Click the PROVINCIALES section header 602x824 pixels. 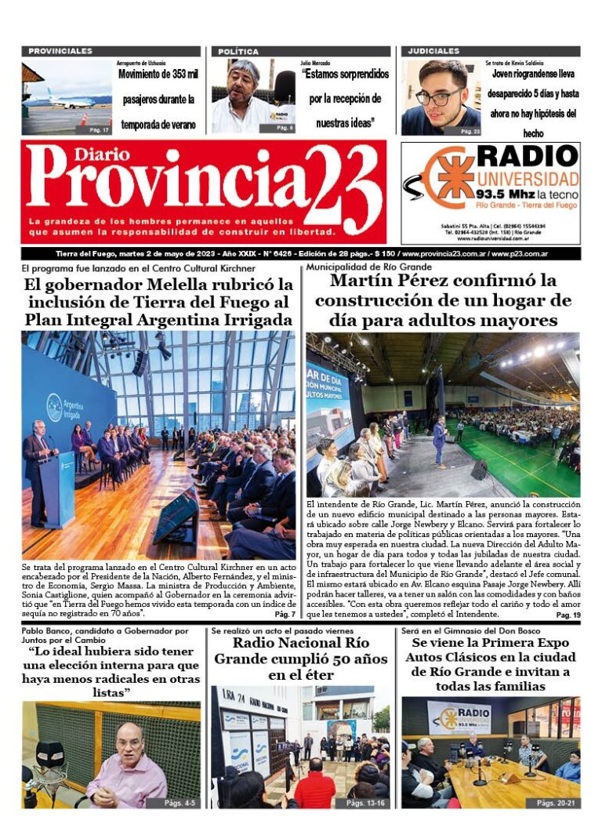click(60, 51)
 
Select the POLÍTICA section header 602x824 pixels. click(238, 51)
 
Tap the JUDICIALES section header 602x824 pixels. click(433, 51)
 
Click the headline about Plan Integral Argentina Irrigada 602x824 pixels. click(158, 302)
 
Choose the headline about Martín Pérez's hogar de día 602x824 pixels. click(443, 300)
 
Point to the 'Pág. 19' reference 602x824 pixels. click(568, 615)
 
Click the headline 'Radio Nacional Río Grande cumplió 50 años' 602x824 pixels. click(302, 659)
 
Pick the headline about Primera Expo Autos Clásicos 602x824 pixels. click(491, 664)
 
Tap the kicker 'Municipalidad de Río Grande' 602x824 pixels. click(359, 267)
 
